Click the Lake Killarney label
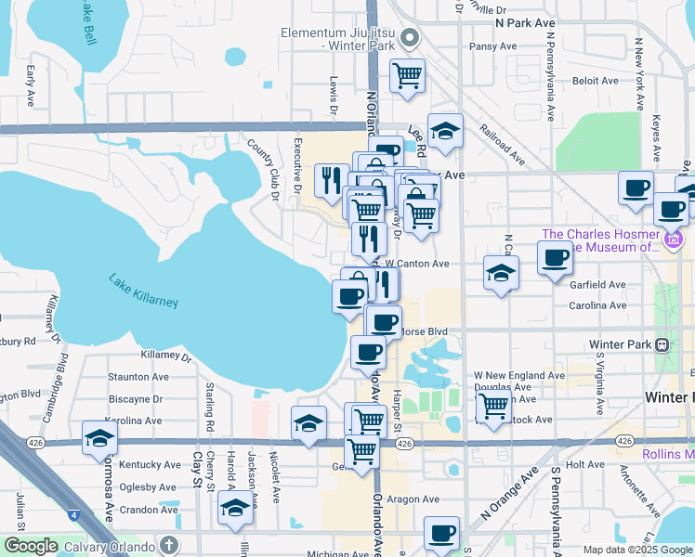pyautogui.click(x=143, y=291)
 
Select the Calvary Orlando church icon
pyautogui.click(x=168, y=545)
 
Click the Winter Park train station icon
pyautogui.click(x=662, y=344)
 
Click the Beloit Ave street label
pyautogui.click(x=595, y=81)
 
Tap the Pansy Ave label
pyautogui.click(x=493, y=45)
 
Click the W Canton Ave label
pyautogui.click(x=417, y=264)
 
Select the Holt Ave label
pyautogui.click(x=585, y=464)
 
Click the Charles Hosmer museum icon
pyautogui.click(x=674, y=241)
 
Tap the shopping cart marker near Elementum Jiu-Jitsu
pyautogui.click(x=407, y=75)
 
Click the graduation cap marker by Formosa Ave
pyautogui.click(x=99, y=437)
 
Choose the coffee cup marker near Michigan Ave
pyautogui.click(x=442, y=533)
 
